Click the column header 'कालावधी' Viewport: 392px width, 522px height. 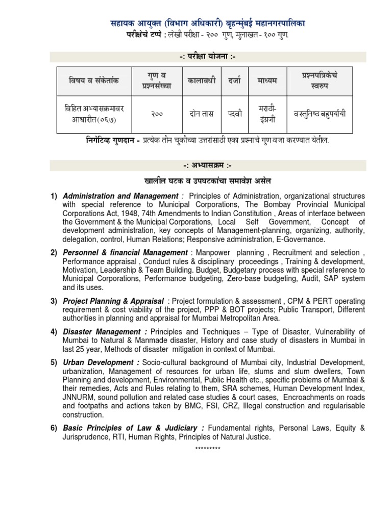point(202,81)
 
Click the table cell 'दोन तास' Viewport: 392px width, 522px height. point(202,114)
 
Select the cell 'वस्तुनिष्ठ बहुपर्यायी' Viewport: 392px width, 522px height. point(320,114)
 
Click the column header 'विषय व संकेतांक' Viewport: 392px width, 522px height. point(94,81)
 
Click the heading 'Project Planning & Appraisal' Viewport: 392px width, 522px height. point(113,301)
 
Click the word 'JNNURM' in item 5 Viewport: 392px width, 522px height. point(78,398)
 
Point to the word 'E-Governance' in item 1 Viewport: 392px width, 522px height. point(302,240)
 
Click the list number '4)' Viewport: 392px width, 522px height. point(54,332)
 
